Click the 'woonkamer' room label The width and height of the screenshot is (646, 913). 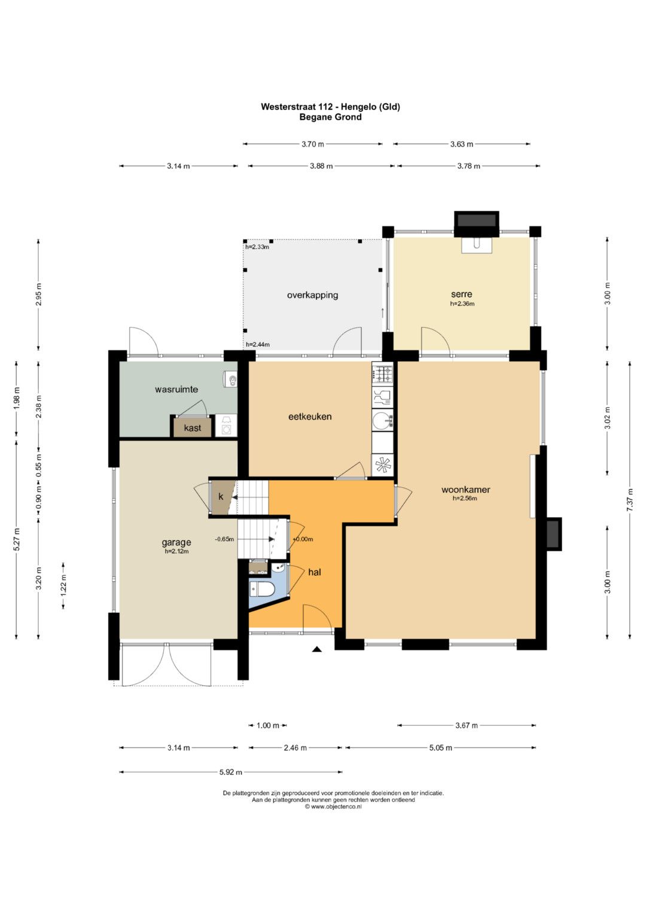tap(465, 490)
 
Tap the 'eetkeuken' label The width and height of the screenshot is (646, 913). tap(310, 416)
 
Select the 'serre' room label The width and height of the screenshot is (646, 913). tap(462, 294)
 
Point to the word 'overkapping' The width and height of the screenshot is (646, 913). tap(312, 295)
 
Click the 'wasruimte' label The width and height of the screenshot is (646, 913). tap(176, 389)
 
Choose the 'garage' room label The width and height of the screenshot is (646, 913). tap(176, 542)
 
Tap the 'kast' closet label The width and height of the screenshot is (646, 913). tap(192, 428)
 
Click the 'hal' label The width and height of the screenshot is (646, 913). tap(315, 572)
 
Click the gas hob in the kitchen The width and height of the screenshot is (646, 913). tap(383, 374)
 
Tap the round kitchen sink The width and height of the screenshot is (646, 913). tap(383, 419)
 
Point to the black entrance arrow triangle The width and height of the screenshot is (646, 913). tap(317, 649)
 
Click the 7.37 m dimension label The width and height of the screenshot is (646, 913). tap(630, 499)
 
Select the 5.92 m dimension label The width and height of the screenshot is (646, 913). tap(231, 771)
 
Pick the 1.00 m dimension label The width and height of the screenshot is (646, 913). tap(268, 725)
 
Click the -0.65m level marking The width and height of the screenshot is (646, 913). tap(224, 539)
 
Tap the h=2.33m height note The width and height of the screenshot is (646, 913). tap(257, 246)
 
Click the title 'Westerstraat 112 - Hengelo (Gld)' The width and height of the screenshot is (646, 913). tap(330, 107)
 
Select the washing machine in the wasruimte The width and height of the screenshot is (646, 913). tap(226, 426)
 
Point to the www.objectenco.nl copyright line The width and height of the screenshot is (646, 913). tap(333, 806)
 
